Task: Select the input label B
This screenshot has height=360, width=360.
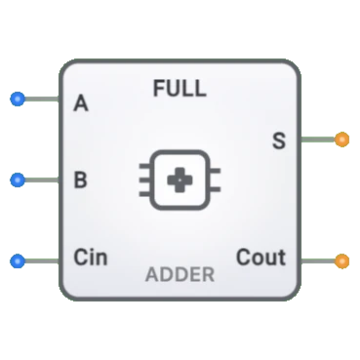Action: pos(82,180)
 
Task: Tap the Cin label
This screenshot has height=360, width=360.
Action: pos(91,259)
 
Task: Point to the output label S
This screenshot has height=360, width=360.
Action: pos(278,141)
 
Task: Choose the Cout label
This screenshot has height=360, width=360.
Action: pos(260,259)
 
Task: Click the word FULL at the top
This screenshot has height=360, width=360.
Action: pos(180,89)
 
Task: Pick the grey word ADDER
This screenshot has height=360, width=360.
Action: pos(180,274)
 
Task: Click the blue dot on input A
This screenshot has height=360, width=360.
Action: pos(17,99)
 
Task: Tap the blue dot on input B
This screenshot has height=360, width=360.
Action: pos(17,180)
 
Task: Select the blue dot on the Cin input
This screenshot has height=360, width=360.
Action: pos(17,260)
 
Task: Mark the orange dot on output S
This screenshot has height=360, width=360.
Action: pos(341,140)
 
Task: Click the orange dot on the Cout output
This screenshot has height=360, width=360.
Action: pos(341,260)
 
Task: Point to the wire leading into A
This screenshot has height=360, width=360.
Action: pos(41,99)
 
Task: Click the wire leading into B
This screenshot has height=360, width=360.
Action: pos(41,180)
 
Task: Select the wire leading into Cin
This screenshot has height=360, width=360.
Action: pos(41,260)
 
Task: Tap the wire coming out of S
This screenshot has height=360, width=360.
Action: pos(317,140)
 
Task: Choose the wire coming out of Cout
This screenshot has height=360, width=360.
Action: pos(317,260)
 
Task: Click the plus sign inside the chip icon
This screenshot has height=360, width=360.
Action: pos(180,180)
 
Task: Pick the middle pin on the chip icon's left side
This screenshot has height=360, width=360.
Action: pos(144,180)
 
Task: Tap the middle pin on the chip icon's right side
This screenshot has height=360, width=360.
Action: pos(216,180)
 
